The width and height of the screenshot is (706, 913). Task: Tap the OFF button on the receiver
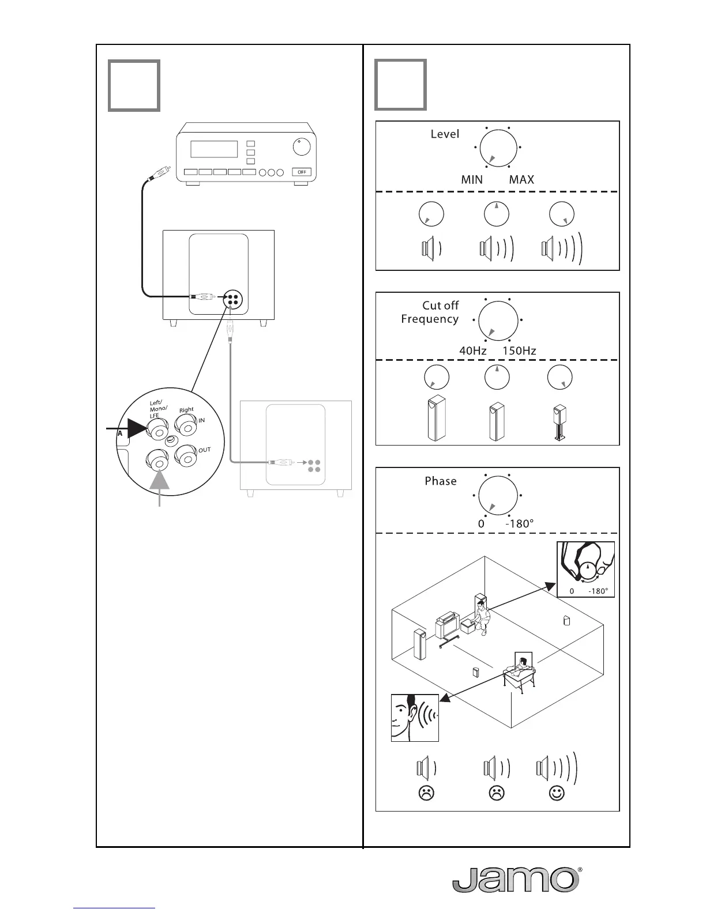pyautogui.click(x=301, y=172)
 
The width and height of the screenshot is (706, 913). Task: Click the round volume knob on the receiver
pyautogui.click(x=301, y=147)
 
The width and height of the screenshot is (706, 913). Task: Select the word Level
pyautogui.click(x=445, y=134)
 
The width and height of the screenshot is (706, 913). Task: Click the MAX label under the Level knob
pyautogui.click(x=521, y=179)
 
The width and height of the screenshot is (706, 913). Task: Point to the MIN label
pyautogui.click(x=472, y=179)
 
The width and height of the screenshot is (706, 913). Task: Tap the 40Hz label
pyautogui.click(x=473, y=350)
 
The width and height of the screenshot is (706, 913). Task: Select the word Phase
pyautogui.click(x=440, y=481)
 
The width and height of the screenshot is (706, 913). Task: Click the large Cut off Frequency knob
pyautogui.click(x=498, y=320)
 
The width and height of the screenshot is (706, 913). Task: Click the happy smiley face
pyautogui.click(x=557, y=793)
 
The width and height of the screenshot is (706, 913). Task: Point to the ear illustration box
pyautogui.click(x=415, y=718)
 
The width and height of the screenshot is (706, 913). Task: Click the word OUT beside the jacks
pyautogui.click(x=204, y=450)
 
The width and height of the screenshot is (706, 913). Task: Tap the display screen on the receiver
pyautogui.click(x=214, y=149)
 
